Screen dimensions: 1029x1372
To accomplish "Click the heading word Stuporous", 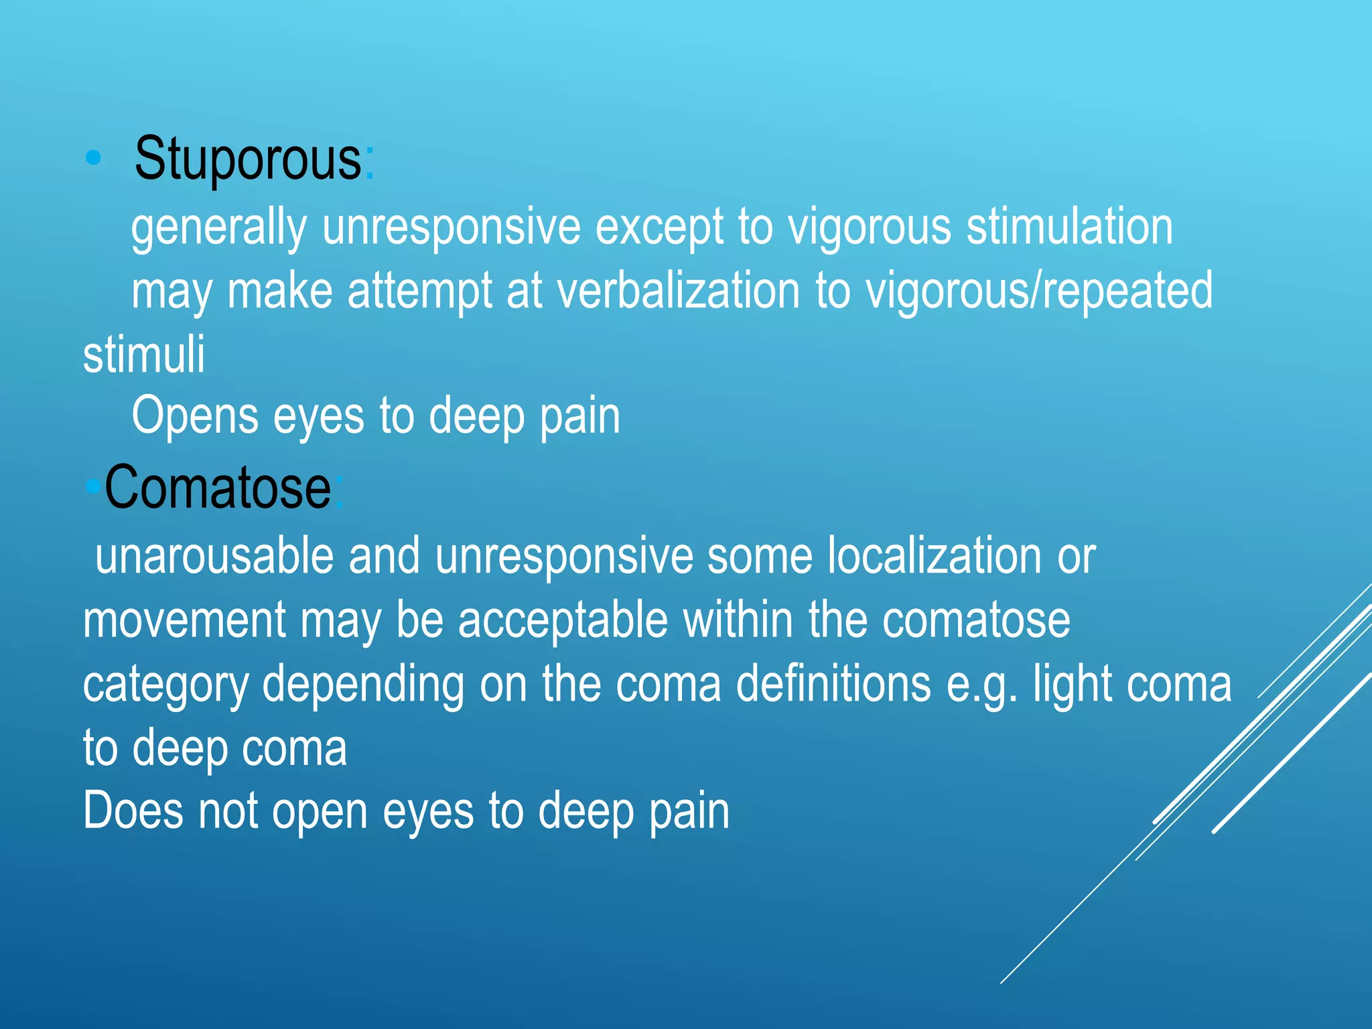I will pos(248,159).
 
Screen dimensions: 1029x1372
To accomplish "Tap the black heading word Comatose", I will pos(218,488).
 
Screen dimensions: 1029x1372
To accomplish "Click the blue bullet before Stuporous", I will pos(94,158).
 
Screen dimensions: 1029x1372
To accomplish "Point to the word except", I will pos(659,228).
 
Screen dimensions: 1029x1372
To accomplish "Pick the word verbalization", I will pos(678,291).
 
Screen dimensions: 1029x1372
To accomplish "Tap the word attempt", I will pos(420,291).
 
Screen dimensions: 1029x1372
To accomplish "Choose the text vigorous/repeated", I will pos(1039,291).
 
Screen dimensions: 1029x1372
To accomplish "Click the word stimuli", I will pos(144,355).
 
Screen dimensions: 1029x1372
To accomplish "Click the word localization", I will pos(935,556).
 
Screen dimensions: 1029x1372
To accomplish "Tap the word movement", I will pos(185,620).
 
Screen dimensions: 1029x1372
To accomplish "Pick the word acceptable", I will pos(563,620).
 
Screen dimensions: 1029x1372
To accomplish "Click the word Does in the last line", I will pos(133,811).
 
